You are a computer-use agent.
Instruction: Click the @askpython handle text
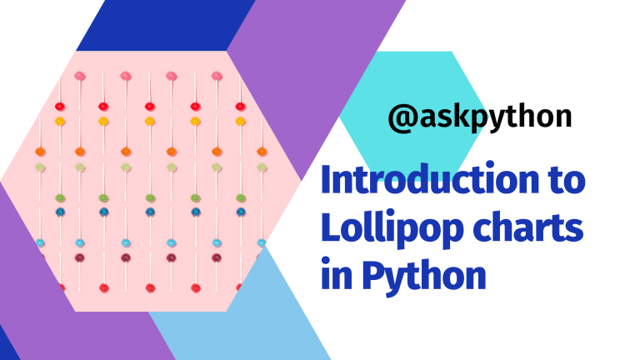coord(480,117)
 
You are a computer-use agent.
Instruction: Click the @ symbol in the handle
coord(401,117)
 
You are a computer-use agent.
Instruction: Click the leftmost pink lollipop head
coord(80,77)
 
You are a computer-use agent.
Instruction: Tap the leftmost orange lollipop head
coord(40,152)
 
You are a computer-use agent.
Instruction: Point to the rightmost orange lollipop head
coord(262,152)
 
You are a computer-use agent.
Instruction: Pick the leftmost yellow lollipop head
coord(59,122)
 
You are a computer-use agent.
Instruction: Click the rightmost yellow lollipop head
coord(241,122)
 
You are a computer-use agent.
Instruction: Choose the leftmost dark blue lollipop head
coord(60,212)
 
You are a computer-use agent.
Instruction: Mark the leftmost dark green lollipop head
coord(60,197)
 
